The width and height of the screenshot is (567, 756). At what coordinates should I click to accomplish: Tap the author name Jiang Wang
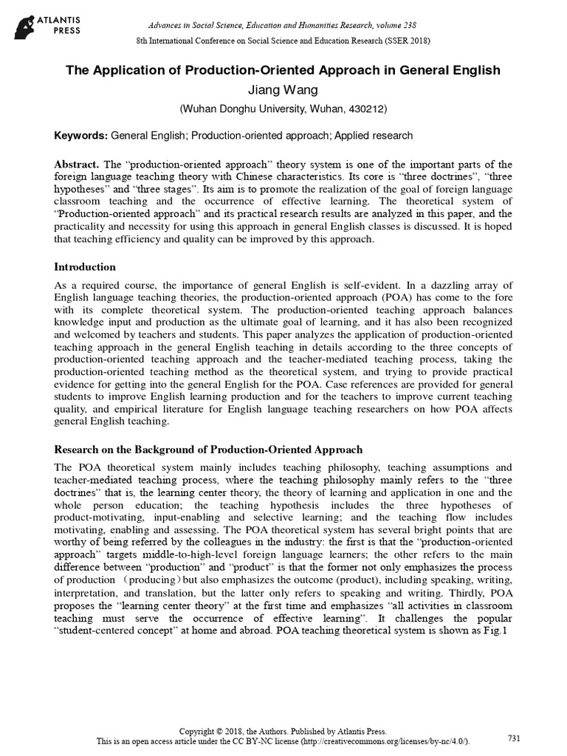click(x=283, y=90)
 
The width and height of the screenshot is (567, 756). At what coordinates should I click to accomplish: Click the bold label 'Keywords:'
click(x=81, y=137)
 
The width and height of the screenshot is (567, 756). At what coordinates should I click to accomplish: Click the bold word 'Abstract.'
click(x=78, y=163)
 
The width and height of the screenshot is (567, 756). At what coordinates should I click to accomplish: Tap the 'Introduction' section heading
click(x=86, y=266)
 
